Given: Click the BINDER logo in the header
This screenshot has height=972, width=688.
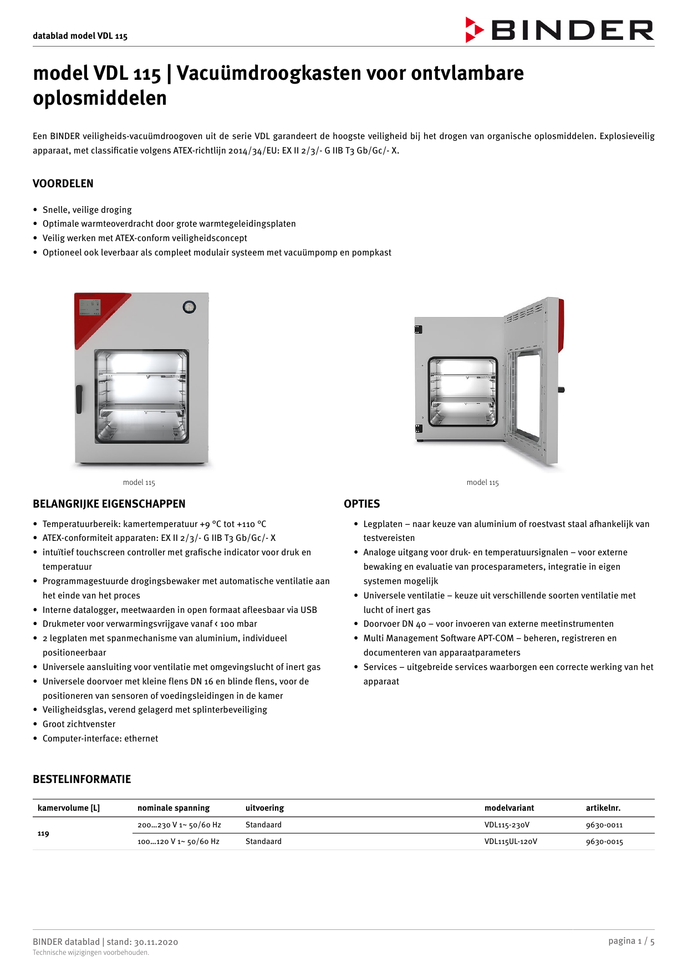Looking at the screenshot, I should [559, 30].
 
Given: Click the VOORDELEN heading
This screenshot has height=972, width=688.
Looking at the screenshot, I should [63, 183].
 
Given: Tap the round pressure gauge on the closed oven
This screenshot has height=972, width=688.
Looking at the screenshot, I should [190, 307].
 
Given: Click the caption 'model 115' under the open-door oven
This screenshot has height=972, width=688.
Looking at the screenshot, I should [482, 483].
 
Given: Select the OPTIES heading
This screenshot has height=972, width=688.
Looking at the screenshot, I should [361, 504].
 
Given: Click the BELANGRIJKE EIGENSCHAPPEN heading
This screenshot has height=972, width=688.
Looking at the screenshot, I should [109, 504].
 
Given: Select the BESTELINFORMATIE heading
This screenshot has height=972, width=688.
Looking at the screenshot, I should [81, 779].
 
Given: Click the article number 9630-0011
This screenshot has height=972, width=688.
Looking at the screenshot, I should [604, 825].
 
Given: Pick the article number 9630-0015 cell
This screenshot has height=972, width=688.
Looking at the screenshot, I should [604, 842].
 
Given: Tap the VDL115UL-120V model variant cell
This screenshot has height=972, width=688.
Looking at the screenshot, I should [510, 842].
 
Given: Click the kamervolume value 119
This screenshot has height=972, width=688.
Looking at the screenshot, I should [43, 833].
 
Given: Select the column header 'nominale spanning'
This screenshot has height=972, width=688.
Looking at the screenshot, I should [174, 808].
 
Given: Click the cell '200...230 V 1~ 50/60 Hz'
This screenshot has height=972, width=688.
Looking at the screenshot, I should [179, 825].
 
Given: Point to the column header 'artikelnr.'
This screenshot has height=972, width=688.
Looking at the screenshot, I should [603, 808].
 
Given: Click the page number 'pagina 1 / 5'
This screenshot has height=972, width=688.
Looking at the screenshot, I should [631, 941].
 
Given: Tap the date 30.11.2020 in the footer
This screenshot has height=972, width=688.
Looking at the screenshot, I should [156, 942].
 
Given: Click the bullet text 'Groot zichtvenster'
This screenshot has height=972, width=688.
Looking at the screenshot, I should [79, 724].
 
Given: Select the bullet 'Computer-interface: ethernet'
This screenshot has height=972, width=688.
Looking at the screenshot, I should [100, 739].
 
